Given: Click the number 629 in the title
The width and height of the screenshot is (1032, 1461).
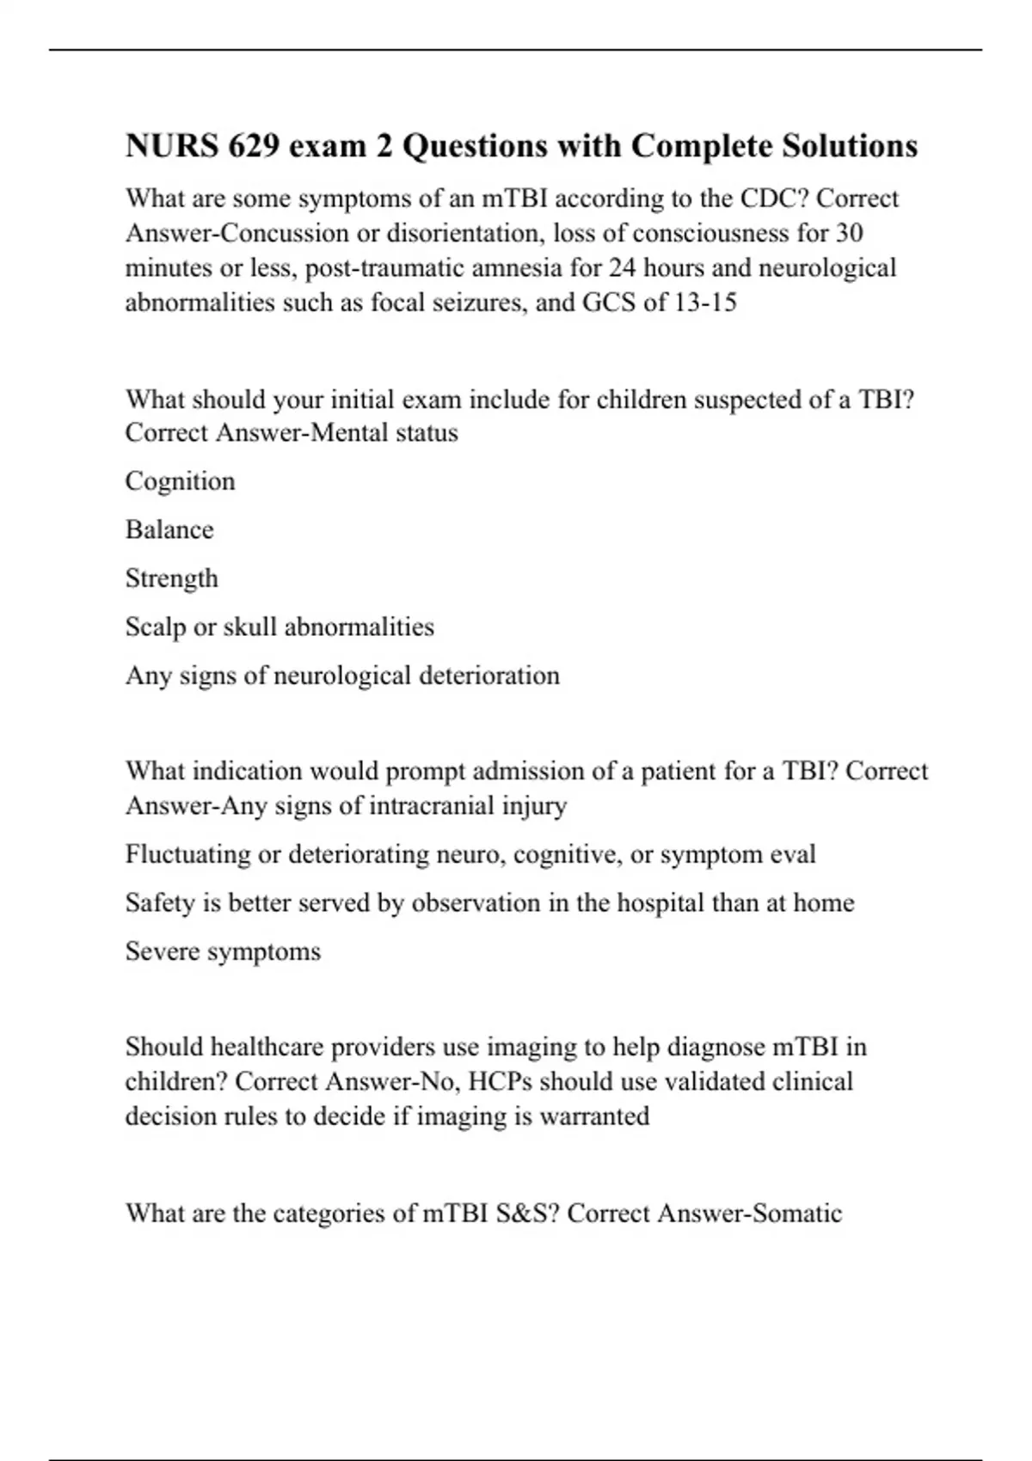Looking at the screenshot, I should (254, 146).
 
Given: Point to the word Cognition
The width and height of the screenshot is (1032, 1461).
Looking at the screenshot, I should (180, 481).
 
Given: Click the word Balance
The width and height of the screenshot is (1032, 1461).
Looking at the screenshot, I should (169, 529).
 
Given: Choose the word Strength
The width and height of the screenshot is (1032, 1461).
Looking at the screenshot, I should (172, 578).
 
